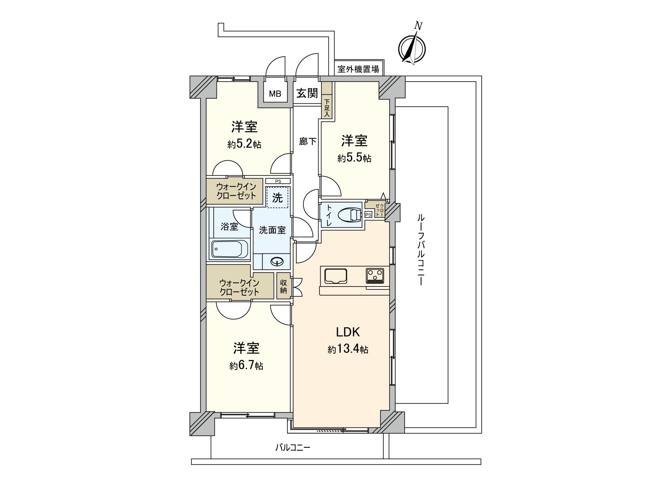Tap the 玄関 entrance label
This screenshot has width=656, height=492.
(x=307, y=93)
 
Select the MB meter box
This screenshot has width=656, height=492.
(x=275, y=93)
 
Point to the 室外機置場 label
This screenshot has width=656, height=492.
(x=358, y=69)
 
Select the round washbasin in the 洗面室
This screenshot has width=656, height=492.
(x=277, y=262)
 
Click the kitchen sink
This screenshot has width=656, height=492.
(x=335, y=276)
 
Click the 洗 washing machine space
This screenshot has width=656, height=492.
(x=277, y=197)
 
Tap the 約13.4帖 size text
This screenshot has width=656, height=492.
(x=348, y=349)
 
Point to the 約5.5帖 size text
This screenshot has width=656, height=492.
(x=354, y=158)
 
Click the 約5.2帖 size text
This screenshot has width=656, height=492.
(x=244, y=144)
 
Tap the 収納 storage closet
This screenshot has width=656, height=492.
(x=283, y=286)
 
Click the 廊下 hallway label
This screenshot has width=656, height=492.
(x=307, y=141)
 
